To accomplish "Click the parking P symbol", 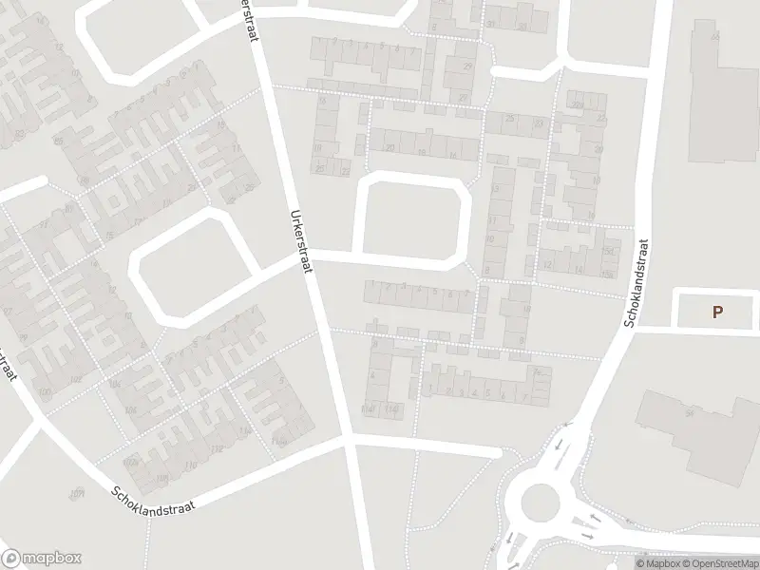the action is pos(717,311).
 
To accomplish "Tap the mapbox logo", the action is pos(42,559).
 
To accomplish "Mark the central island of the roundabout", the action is pos(539,499).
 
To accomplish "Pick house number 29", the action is pos(467,66).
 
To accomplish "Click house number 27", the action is pos(463,98).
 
